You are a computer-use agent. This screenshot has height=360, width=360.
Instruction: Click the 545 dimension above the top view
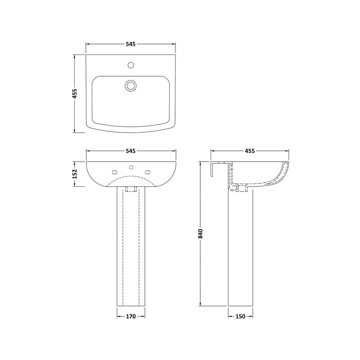(x=130, y=44)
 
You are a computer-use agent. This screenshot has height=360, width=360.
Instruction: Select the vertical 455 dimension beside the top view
(x=75, y=94)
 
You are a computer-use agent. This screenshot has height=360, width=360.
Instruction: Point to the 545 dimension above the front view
(x=130, y=151)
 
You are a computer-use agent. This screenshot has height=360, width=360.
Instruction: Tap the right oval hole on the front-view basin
(x=147, y=171)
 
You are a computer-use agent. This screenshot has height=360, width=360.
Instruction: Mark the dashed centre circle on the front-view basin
(x=130, y=167)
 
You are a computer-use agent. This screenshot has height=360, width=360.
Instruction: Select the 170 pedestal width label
(x=130, y=316)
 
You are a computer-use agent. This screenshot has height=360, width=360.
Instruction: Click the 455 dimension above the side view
(x=250, y=151)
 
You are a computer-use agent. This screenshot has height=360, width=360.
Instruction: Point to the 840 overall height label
(x=201, y=234)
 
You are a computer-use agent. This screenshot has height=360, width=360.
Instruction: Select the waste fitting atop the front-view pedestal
(x=130, y=189)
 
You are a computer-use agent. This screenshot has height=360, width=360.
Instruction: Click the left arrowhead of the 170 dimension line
(x=119, y=316)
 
